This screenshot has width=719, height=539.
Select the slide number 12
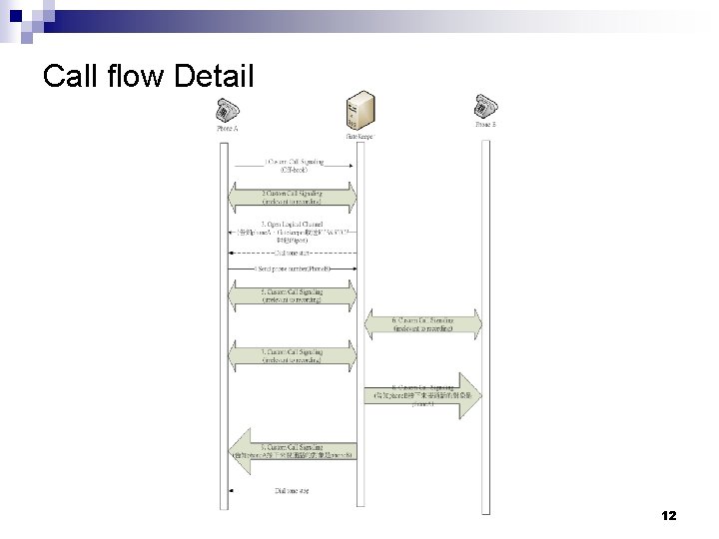(x=669, y=516)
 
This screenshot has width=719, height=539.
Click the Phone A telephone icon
(x=227, y=109)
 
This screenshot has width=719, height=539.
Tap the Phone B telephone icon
(x=485, y=105)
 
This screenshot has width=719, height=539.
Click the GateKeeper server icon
(x=358, y=112)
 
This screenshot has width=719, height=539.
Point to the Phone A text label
(x=227, y=128)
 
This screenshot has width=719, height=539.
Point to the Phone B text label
(x=485, y=124)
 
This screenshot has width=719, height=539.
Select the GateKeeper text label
(x=359, y=136)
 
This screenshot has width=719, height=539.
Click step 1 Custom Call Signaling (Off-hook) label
(x=294, y=165)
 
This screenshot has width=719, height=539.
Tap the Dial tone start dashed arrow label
(x=294, y=253)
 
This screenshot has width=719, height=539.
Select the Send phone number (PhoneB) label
(x=294, y=269)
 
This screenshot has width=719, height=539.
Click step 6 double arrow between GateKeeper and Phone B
(x=423, y=324)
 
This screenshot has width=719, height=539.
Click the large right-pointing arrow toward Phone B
(x=423, y=392)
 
